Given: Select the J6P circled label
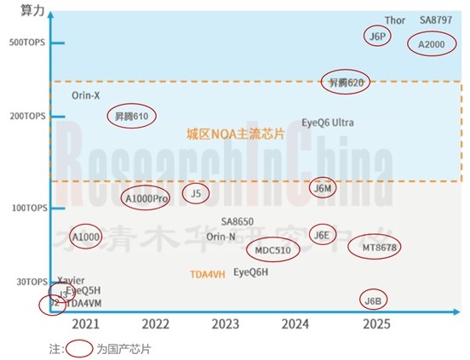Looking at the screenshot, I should (x=376, y=36).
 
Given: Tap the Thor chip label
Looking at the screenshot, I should (x=395, y=20).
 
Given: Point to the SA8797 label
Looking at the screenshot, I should (x=437, y=20).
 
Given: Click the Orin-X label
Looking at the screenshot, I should (x=86, y=95).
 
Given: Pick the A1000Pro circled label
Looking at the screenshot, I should (x=146, y=198).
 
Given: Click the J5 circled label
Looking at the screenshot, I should (x=196, y=193).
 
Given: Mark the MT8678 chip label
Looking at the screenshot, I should (x=374, y=247).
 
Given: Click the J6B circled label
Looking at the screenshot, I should (x=373, y=300).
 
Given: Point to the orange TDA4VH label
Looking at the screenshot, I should (x=208, y=274).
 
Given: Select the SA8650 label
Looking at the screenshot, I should (x=238, y=221).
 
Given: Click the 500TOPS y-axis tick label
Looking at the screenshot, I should (x=25, y=43).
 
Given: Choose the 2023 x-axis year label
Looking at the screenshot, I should (x=226, y=324).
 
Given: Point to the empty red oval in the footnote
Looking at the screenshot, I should (x=79, y=349).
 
